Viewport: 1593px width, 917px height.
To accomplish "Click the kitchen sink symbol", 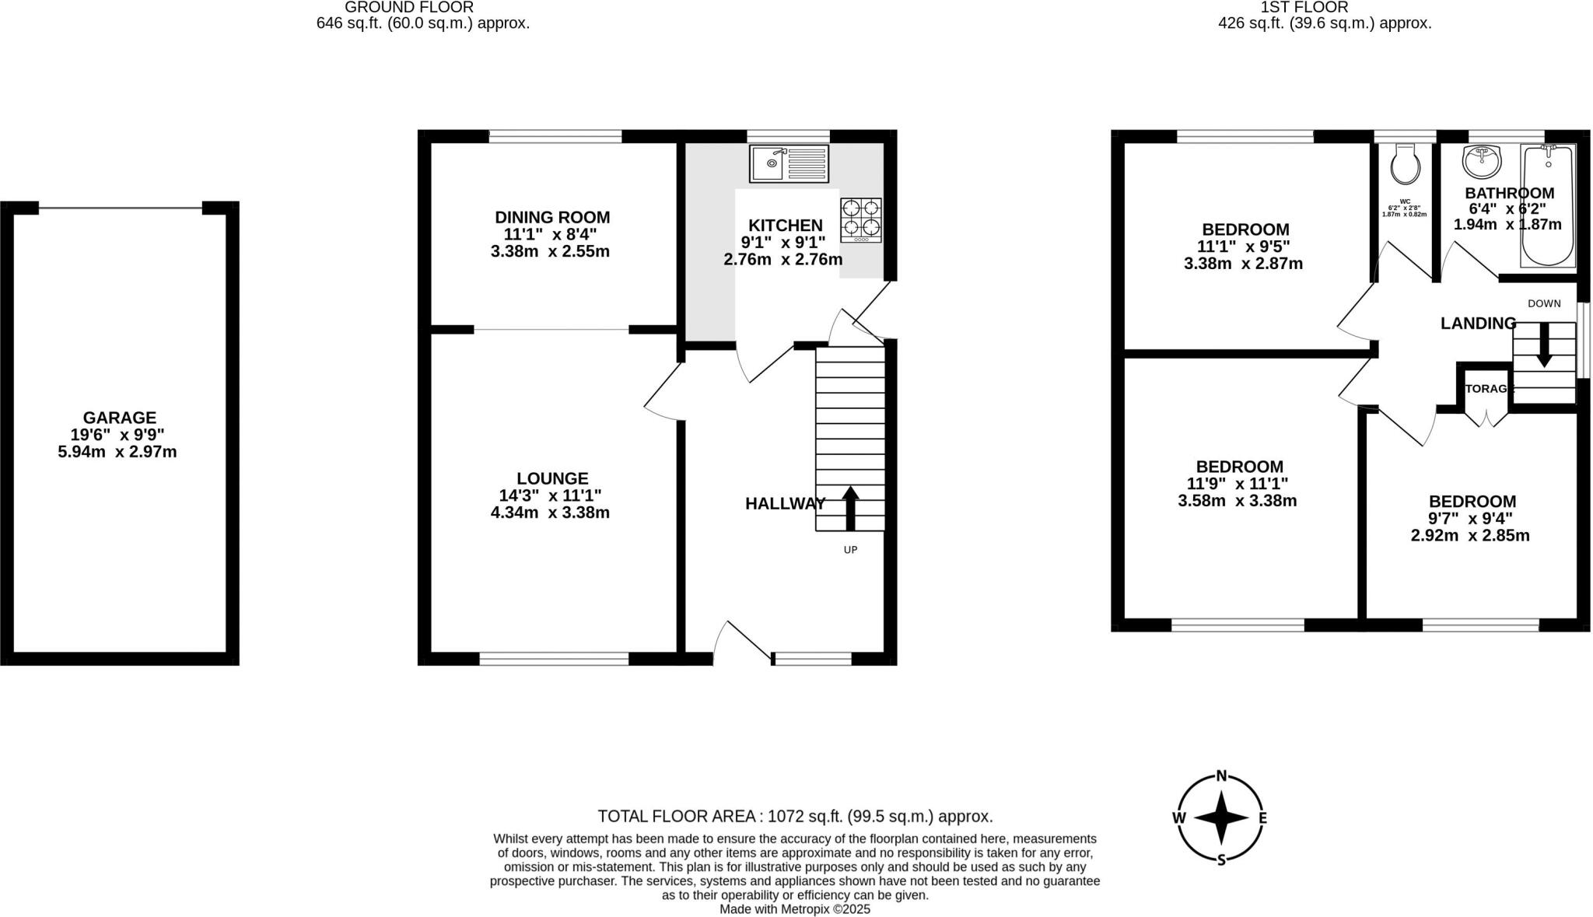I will pyautogui.click(x=789, y=163).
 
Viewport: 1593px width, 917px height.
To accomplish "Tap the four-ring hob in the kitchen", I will pyautogui.click(x=861, y=219).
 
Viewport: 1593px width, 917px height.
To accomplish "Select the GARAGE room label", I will pyautogui.click(x=120, y=418).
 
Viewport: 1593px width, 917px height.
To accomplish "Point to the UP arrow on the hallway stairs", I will pyautogui.click(x=850, y=508).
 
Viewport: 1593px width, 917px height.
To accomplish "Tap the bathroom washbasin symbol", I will pyautogui.click(x=1483, y=161).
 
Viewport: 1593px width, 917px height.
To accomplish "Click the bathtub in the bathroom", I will pyautogui.click(x=1548, y=205).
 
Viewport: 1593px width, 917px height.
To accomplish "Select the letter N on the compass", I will pyautogui.click(x=1221, y=775).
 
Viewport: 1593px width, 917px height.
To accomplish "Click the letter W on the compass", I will pyautogui.click(x=1179, y=817).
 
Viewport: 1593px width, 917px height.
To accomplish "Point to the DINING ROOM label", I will pyautogui.click(x=552, y=218).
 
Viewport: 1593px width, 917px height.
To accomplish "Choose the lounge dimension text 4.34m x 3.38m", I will pyautogui.click(x=550, y=513).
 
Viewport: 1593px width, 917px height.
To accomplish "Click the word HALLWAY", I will pyautogui.click(x=785, y=504).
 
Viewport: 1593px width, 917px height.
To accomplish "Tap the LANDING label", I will pyautogui.click(x=1478, y=324).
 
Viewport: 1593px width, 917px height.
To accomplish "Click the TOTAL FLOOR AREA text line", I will pyautogui.click(x=795, y=816).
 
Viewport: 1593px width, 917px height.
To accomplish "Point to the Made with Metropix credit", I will pyautogui.click(x=794, y=908).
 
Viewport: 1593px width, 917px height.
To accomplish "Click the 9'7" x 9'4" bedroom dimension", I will pyautogui.click(x=1470, y=519).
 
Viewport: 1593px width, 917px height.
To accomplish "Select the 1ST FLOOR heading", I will pyautogui.click(x=1325, y=7).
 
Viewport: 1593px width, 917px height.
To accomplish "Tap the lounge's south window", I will pyautogui.click(x=553, y=659).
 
